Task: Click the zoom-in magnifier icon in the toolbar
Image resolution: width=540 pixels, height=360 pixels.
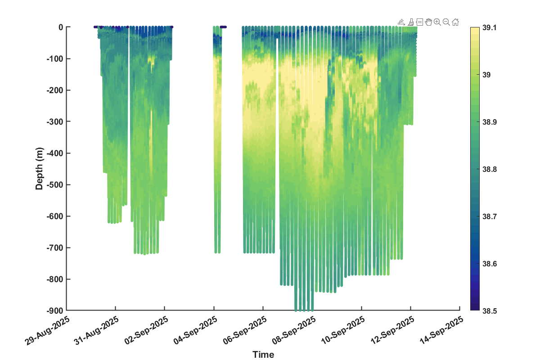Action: pyautogui.click(x=437, y=22)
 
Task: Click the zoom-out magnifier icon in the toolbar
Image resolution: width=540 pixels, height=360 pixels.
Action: pyautogui.click(x=446, y=22)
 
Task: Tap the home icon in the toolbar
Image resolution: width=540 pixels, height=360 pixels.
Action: pyautogui.click(x=455, y=22)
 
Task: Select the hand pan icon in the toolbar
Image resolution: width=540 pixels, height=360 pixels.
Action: pyautogui.click(x=428, y=22)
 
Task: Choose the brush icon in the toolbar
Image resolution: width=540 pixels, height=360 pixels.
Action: pyautogui.click(x=411, y=22)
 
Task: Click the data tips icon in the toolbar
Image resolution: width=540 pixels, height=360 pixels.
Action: pyautogui.click(x=419, y=22)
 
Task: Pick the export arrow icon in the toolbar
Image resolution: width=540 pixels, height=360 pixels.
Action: pyautogui.click(x=401, y=22)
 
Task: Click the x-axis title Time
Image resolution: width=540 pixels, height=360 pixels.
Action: pyautogui.click(x=263, y=355)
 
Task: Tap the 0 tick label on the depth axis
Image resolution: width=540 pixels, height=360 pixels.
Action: pyautogui.click(x=61, y=27)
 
